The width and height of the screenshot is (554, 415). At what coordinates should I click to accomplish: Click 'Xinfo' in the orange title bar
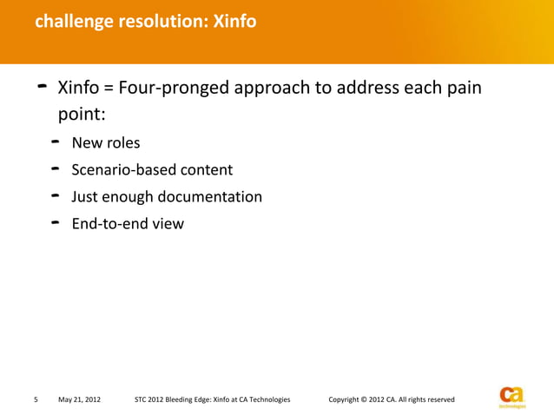click(x=234, y=21)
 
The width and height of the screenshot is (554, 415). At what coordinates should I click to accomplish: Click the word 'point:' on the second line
click(x=82, y=115)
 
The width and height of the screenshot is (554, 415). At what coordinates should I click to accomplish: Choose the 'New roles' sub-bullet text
click(x=106, y=143)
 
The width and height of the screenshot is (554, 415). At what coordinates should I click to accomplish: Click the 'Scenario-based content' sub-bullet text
click(x=152, y=170)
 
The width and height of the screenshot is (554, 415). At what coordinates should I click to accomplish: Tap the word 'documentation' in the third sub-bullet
click(x=213, y=197)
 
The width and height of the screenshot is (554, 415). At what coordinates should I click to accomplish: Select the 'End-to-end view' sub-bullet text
click(x=128, y=224)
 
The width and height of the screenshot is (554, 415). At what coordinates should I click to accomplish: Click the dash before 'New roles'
click(x=55, y=141)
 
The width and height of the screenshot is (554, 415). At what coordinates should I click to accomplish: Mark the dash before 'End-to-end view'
click(x=55, y=221)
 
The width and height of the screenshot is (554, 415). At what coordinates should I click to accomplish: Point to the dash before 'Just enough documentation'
click(x=55, y=194)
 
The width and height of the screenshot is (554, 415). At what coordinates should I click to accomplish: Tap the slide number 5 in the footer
click(x=35, y=399)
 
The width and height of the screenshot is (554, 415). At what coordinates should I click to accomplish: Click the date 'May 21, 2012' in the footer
click(x=79, y=399)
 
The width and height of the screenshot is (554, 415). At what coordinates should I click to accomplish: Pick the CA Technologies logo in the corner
click(x=512, y=395)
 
